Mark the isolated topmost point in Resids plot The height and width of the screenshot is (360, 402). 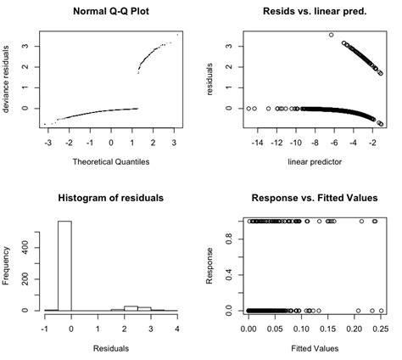click(331, 35)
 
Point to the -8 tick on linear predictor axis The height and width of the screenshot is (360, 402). click(315, 145)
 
